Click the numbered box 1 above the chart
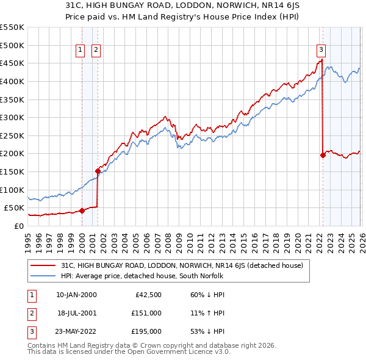coord(81,51)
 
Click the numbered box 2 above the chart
coord(96,51)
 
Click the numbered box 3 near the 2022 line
coord(321,51)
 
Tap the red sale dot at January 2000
coord(82,211)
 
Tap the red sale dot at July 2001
coord(98,171)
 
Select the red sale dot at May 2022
coord(323,156)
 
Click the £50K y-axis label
coord(14,207)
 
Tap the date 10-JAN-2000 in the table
coord(76,295)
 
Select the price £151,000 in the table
coord(146,313)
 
